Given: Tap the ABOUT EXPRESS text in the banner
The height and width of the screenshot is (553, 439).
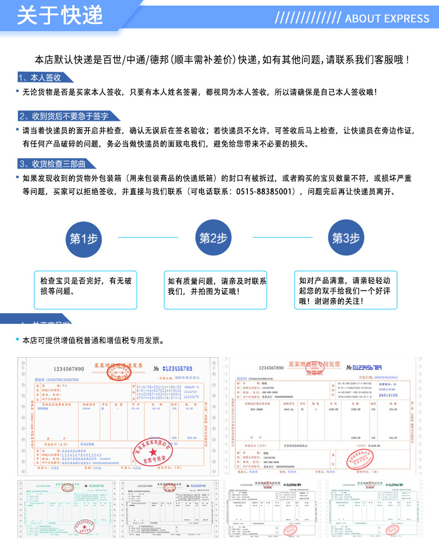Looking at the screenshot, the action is [387, 18].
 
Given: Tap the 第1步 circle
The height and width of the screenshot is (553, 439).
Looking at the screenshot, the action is [84, 238].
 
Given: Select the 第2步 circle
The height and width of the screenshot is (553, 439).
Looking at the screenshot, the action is [214, 238].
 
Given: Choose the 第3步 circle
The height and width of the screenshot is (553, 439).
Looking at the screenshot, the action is [346, 238].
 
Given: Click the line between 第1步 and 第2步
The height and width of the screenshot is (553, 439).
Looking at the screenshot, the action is [148, 237].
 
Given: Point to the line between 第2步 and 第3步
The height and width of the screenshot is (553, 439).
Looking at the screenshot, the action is [280, 237].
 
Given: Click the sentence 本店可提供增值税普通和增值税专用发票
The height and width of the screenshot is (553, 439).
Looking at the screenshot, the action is [93, 340].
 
